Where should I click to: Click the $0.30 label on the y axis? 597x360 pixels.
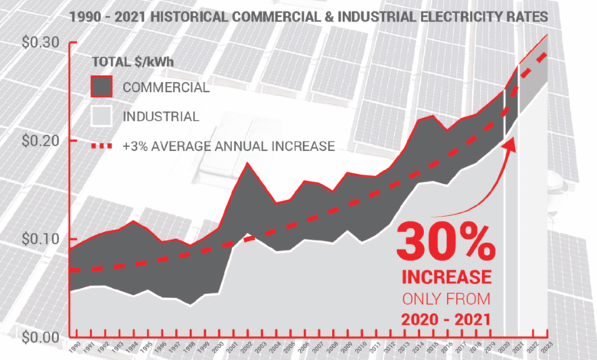pos(28,42)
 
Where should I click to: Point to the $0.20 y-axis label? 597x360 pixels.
pos(28,141)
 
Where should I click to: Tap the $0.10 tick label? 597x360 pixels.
pos(28,239)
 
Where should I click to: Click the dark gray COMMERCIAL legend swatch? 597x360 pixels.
pos(102,87)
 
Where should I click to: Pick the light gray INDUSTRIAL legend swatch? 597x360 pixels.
pos(102,116)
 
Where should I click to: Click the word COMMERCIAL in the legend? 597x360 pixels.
pos(165,87)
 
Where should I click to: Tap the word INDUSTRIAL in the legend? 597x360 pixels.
pos(160,117)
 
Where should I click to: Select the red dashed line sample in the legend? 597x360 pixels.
pos(102,146)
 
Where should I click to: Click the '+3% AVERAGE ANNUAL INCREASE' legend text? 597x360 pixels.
pos(227,146)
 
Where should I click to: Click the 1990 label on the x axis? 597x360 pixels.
pos(74,348)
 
